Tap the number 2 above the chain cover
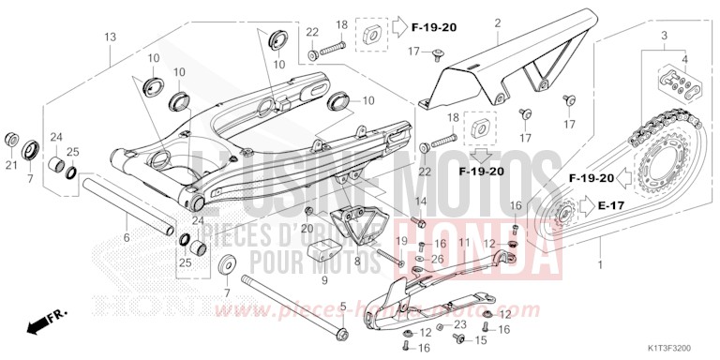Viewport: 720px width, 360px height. pyautogui.click(x=498, y=23)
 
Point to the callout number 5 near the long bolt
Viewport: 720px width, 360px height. pyautogui.click(x=343, y=307)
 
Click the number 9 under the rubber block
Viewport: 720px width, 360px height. pyautogui.click(x=324, y=278)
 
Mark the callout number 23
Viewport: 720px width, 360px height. pyautogui.click(x=459, y=324)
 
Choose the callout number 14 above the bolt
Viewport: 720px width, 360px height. pyautogui.click(x=421, y=202)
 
